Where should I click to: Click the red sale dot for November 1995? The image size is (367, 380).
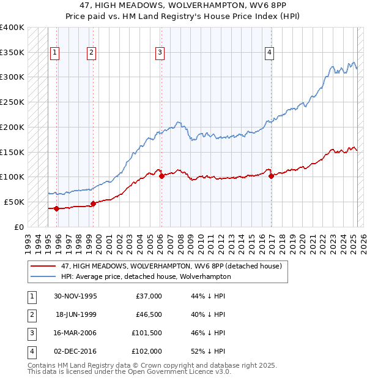point(57,208)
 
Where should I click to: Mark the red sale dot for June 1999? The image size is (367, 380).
point(93,203)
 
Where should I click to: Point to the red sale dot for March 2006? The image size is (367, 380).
point(161,176)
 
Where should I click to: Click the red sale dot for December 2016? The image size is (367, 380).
point(271,176)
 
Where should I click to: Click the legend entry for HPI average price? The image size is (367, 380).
point(146,276)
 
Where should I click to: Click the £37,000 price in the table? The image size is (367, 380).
point(148,296)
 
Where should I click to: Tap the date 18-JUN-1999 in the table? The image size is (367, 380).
point(76,314)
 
